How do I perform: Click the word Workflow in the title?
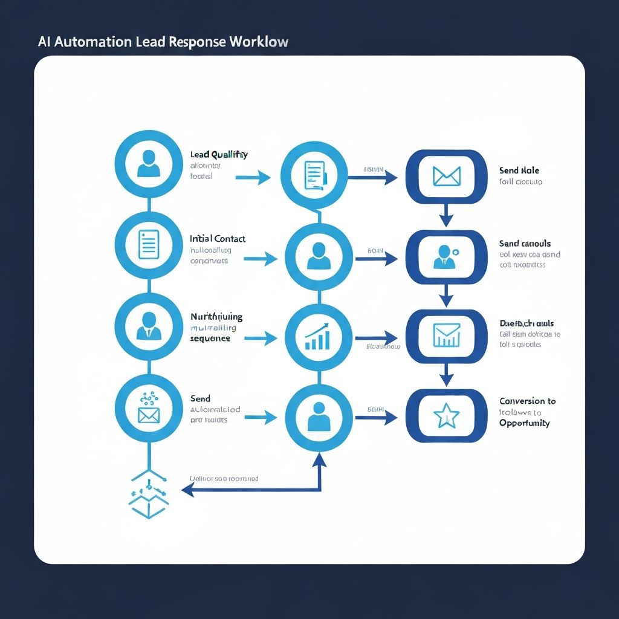pyautogui.click(x=259, y=42)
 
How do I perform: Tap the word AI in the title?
pyautogui.click(x=44, y=42)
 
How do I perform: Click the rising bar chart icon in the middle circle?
pyautogui.click(x=317, y=337)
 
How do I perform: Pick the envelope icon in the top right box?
pyautogui.click(x=446, y=177)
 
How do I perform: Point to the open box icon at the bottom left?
pyautogui.click(x=147, y=497)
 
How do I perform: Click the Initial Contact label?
pyautogui.click(x=218, y=239)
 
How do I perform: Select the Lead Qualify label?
pyautogui.click(x=219, y=154)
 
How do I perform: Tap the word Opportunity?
pyautogui.click(x=524, y=423)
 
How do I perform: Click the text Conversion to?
pyautogui.click(x=527, y=401)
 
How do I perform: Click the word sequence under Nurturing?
pyautogui.click(x=210, y=339)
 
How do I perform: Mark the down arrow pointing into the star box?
pyautogui.click(x=446, y=377)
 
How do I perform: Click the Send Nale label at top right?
pyautogui.click(x=519, y=170)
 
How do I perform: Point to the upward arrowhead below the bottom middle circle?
pyautogui.click(x=319, y=460)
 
